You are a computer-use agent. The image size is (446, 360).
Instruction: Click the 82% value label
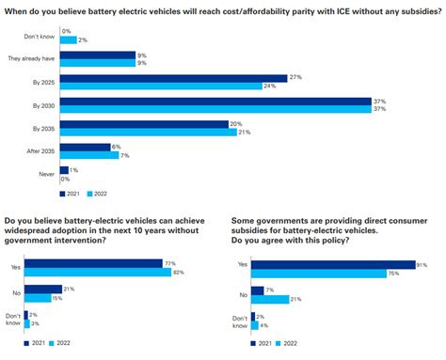pos(177,272)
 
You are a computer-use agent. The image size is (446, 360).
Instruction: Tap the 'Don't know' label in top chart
pos(45,34)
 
